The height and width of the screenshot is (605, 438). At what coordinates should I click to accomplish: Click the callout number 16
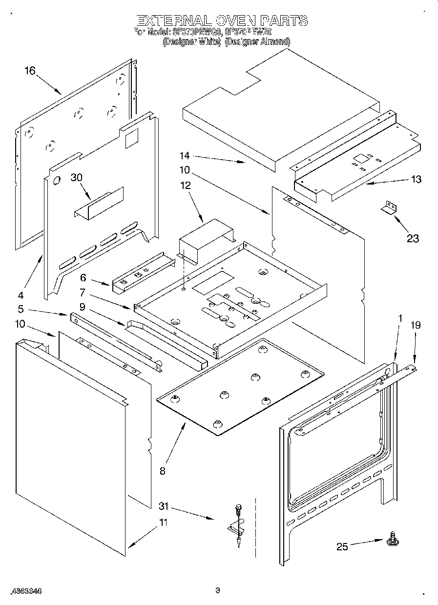(30, 71)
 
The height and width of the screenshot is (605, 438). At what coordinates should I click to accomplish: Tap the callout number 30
(76, 178)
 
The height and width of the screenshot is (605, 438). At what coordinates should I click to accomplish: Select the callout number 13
(416, 179)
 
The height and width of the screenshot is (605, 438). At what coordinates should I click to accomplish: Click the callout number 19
(415, 325)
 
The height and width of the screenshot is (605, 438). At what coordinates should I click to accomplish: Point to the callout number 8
(162, 471)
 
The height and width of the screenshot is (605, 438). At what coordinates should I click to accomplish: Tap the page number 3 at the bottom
(218, 590)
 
